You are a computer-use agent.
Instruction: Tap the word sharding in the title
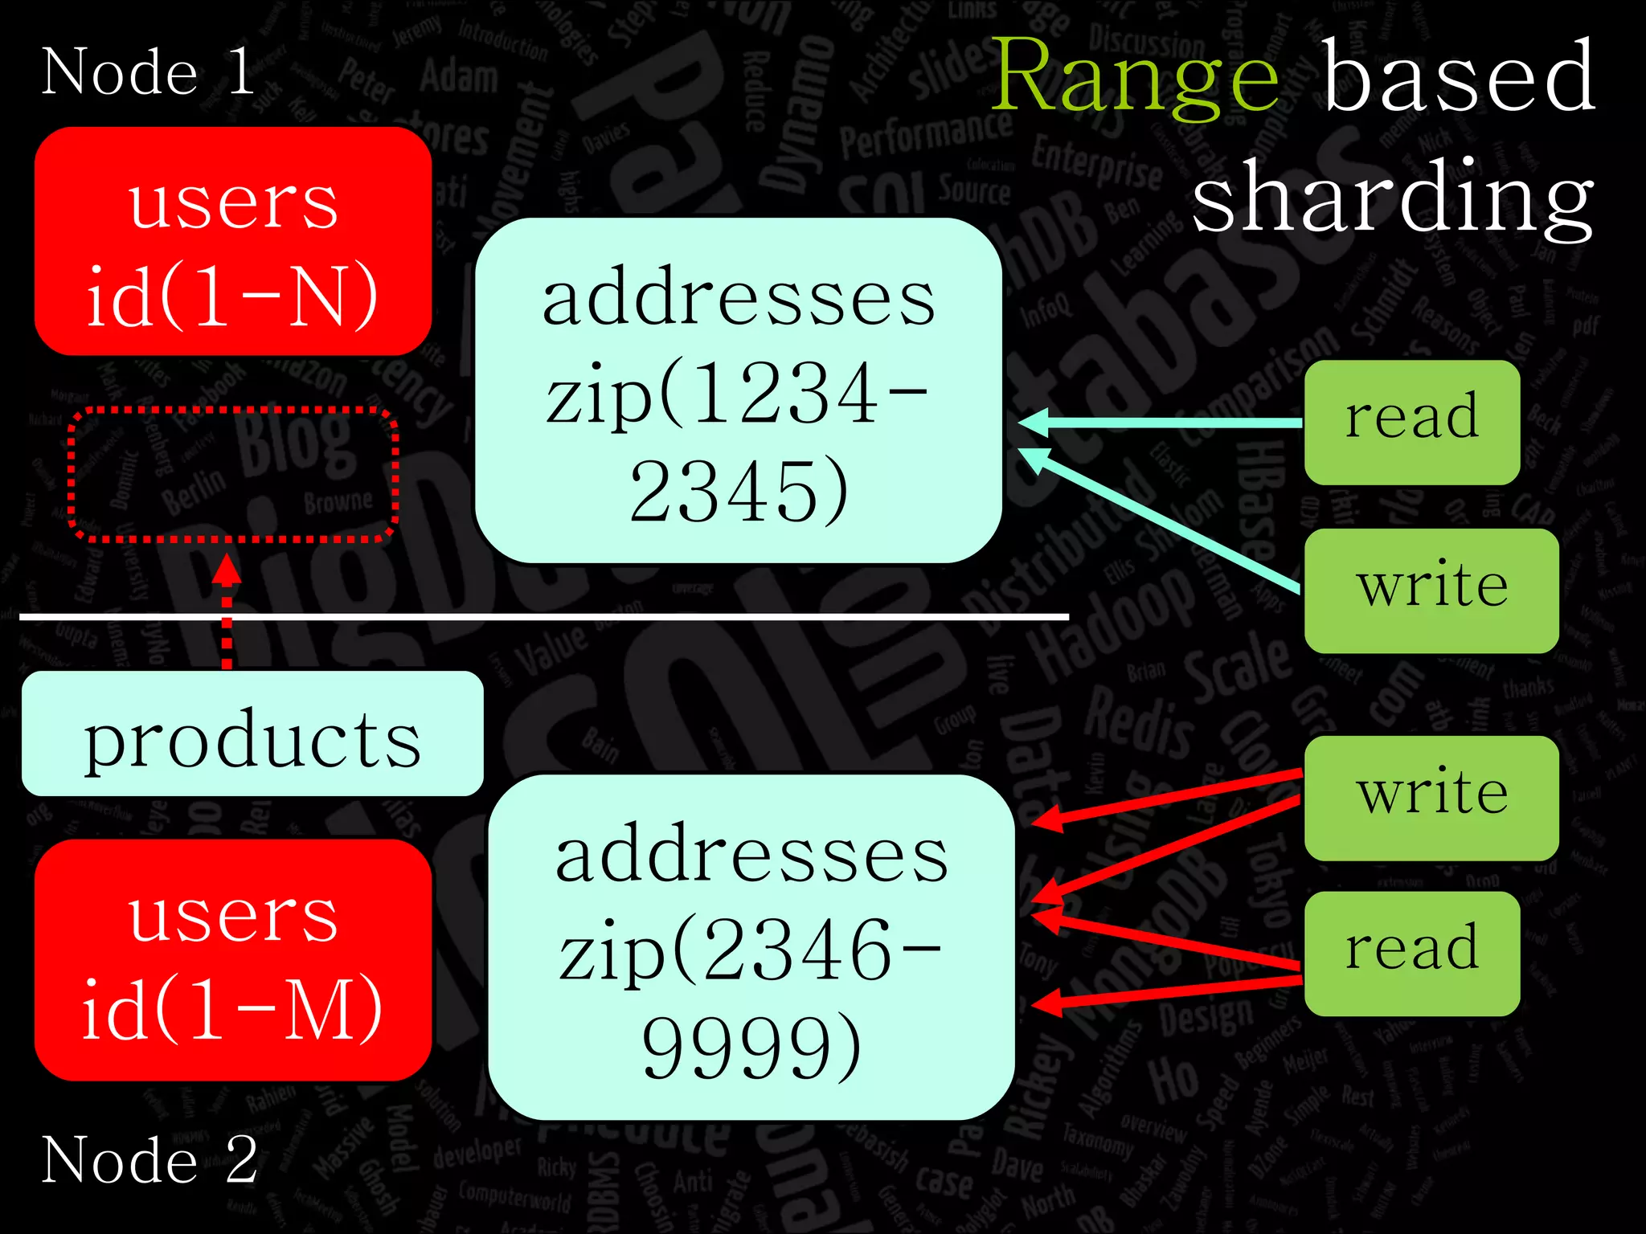coord(1392,197)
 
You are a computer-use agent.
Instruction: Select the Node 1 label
coord(148,72)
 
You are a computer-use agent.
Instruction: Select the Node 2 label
coord(149,1159)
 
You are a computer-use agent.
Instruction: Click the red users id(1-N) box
coord(233,241)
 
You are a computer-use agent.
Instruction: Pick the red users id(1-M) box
coord(233,960)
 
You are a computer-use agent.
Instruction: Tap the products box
coord(252,734)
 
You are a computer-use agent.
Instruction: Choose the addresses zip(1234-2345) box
coord(738,390)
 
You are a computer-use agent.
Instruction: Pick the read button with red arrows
coord(1411,953)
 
